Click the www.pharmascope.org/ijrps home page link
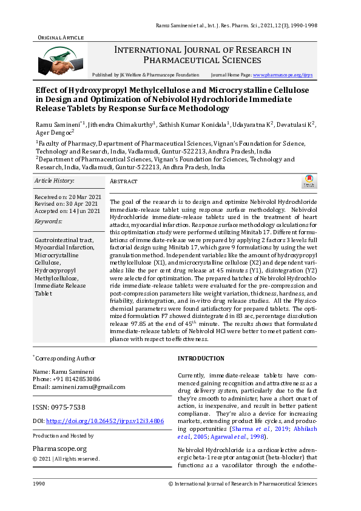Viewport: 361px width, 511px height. (x=282, y=75)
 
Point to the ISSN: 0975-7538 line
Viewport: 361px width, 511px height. (x=59, y=407)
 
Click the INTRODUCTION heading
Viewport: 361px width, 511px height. (x=201, y=359)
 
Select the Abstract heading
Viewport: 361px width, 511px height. (x=123, y=181)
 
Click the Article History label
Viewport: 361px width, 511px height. (x=54, y=181)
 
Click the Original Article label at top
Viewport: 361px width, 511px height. (x=60, y=38)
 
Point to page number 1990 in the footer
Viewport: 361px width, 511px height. (x=39, y=484)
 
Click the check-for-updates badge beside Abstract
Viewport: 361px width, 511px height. (x=308, y=181)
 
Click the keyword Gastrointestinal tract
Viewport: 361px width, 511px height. (x=64, y=240)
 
